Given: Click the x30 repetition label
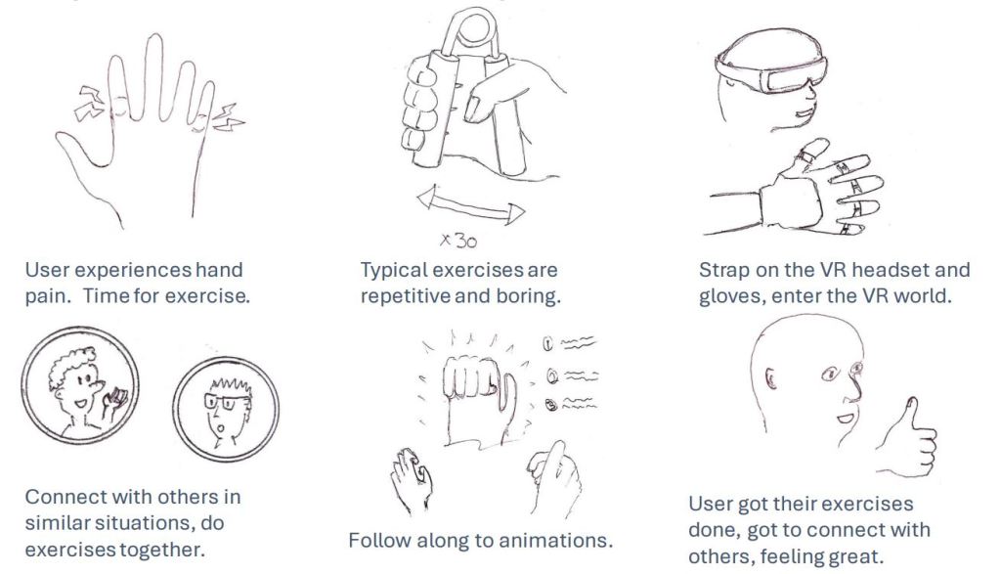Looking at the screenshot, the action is [x=458, y=241].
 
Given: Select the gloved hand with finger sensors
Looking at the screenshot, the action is [x=805, y=192].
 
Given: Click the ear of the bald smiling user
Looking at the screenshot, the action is [x=770, y=379].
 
